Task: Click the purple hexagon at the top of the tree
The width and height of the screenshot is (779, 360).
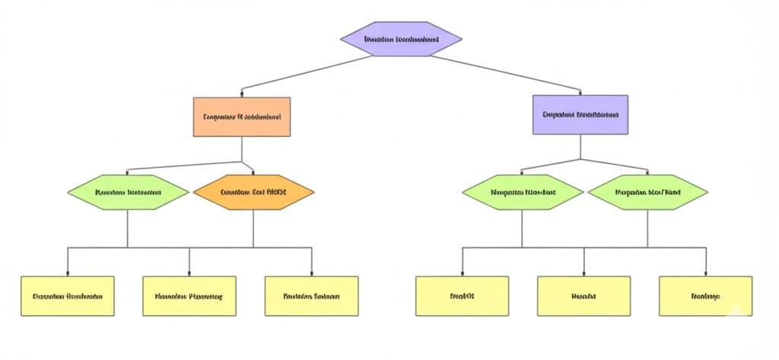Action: click(402, 38)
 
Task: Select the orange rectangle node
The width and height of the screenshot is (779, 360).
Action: click(242, 117)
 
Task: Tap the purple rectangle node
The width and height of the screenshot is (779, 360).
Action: click(580, 115)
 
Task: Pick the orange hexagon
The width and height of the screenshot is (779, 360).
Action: click(253, 193)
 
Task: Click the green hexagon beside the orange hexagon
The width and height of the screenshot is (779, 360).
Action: click(128, 193)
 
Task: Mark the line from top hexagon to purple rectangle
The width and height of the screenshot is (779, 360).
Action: click(502, 72)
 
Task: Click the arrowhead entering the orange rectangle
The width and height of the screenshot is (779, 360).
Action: click(242, 95)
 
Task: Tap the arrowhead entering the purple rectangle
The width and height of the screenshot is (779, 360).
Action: click(580, 93)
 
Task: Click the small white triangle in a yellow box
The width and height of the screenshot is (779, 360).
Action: click(736, 310)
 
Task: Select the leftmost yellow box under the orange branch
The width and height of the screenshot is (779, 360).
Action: click(68, 296)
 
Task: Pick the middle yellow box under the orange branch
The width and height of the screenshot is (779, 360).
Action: click(189, 296)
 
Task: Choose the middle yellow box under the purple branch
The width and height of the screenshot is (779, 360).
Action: click(584, 296)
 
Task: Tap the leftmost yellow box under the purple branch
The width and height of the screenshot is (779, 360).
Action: click(462, 296)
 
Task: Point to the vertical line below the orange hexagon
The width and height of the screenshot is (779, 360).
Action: click(253, 228)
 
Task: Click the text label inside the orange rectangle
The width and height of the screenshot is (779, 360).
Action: click(242, 118)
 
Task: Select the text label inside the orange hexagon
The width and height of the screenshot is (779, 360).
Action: click(253, 193)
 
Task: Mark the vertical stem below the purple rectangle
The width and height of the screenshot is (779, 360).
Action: click(580, 147)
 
